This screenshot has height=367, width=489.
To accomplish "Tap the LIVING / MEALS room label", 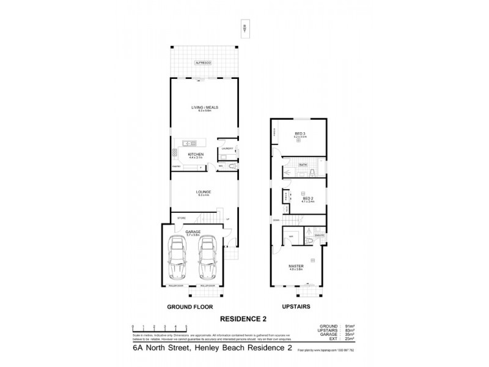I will (x=204, y=107).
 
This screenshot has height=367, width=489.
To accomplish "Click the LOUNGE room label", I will (x=204, y=192).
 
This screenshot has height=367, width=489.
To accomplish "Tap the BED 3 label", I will (x=300, y=133).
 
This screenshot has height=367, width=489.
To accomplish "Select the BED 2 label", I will (x=307, y=198).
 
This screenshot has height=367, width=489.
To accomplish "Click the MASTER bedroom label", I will (x=296, y=266).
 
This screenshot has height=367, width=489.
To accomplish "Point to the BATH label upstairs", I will (x=303, y=165).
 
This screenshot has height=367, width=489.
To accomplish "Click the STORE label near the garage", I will (x=181, y=218).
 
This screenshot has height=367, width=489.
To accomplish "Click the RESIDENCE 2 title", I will (x=243, y=319).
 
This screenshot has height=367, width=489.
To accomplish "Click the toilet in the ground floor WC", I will (x=230, y=165).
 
